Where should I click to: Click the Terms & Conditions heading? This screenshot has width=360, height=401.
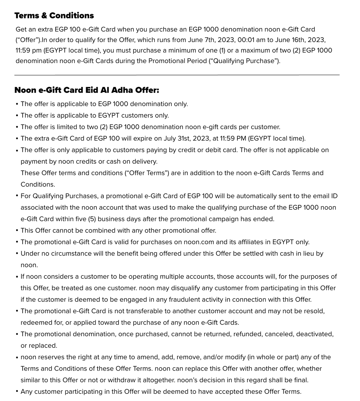pyautogui.click(x=54, y=16)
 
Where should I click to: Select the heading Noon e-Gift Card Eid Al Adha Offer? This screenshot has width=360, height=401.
pyautogui.click(x=87, y=90)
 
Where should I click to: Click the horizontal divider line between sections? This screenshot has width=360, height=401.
pyautogui.click(x=177, y=75)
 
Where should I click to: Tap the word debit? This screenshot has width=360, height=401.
pyautogui.click(x=214, y=150)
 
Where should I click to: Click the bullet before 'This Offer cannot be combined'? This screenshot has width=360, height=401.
pyautogui.click(x=17, y=231)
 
